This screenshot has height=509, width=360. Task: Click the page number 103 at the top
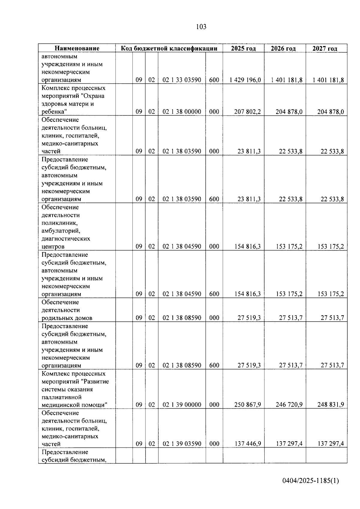click(201, 27)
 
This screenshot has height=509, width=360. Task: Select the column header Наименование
click(77, 48)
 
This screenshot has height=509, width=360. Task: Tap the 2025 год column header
click(243, 48)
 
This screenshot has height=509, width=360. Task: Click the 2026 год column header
click(285, 48)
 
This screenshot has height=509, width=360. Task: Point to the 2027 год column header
click(326, 48)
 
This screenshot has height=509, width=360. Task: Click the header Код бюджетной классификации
click(169, 48)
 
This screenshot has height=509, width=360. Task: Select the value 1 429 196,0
click(245, 80)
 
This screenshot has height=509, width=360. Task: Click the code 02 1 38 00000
click(182, 112)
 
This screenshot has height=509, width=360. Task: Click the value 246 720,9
click(289, 405)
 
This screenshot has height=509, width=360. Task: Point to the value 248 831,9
click(331, 405)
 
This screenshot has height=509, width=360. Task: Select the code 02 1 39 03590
click(182, 444)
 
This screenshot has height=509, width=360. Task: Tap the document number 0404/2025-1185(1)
click(310, 481)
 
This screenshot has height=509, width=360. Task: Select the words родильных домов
click(67, 318)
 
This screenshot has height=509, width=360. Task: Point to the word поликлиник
click(59, 223)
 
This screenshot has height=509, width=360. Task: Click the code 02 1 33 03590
click(182, 80)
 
